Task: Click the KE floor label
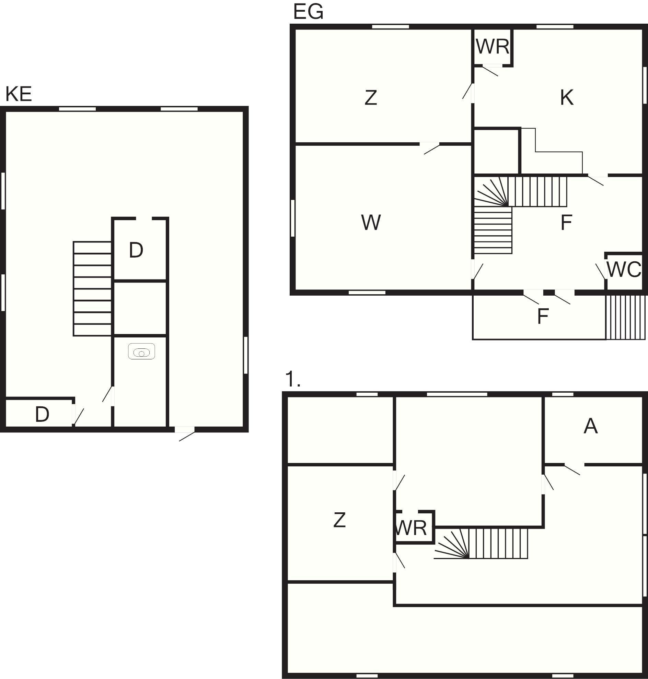[19, 94]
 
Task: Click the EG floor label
[308, 12]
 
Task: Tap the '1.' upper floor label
[292, 379]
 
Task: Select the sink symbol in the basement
[142, 352]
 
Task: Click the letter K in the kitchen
[566, 97]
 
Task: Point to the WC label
[624, 270]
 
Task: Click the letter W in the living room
[371, 222]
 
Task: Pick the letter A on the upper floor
[591, 426]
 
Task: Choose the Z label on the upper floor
[339, 520]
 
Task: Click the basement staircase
[93, 289]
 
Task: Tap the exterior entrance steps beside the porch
[626, 317]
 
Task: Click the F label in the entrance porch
[543, 316]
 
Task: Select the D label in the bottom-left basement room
[42, 414]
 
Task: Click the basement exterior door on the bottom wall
[185, 433]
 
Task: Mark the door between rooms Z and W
[430, 148]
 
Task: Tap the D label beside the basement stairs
[136, 250]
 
